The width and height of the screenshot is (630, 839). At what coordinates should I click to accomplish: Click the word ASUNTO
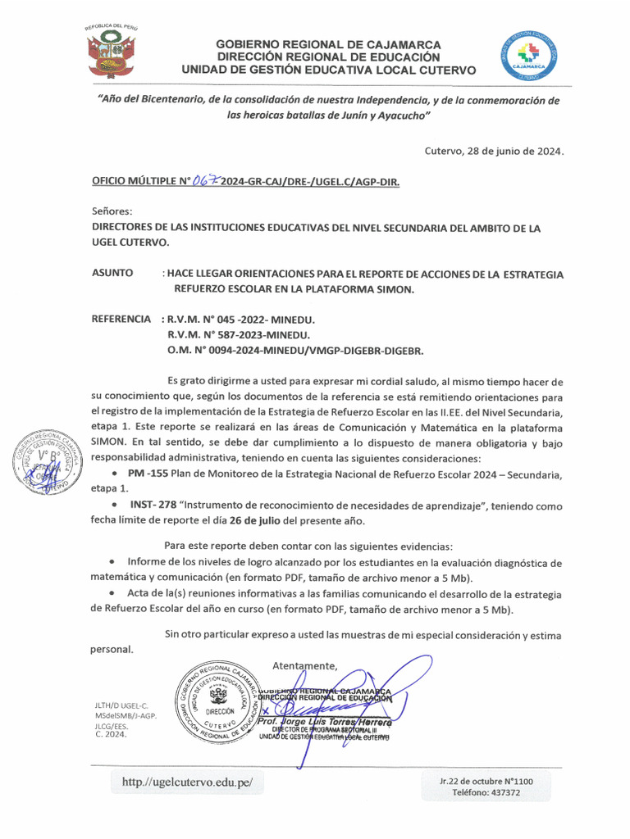click(112, 274)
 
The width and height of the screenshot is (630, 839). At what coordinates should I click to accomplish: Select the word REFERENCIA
click(121, 319)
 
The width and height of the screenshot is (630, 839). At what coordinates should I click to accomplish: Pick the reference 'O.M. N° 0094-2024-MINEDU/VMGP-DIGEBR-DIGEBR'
click(295, 351)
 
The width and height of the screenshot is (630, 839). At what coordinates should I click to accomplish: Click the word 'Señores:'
click(110, 211)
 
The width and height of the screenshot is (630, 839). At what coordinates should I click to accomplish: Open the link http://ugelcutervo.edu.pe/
click(188, 782)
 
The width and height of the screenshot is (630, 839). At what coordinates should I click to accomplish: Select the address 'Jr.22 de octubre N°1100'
click(486, 782)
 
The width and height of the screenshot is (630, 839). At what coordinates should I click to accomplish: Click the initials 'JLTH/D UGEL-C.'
click(122, 705)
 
